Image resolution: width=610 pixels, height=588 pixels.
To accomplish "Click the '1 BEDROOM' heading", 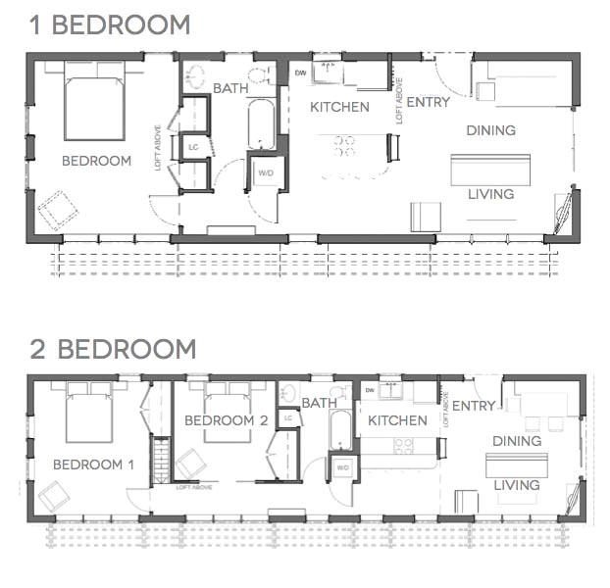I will (110, 24).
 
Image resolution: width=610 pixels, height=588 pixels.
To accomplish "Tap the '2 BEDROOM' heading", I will (112, 349).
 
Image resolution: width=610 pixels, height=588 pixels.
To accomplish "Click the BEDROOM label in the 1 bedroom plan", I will (96, 161).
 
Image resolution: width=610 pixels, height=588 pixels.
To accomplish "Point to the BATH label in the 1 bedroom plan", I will (230, 88).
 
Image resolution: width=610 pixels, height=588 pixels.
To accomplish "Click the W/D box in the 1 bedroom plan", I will (266, 173).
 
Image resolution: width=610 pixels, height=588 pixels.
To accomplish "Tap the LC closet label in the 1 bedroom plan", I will (192, 148).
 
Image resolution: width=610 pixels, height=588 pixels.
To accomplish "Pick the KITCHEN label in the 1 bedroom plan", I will (339, 107).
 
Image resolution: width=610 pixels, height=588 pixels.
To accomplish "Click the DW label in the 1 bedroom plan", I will (300, 72).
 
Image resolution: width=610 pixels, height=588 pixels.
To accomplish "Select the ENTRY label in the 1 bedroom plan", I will (428, 102).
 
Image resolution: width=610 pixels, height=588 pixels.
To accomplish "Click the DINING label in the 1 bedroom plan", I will (490, 130).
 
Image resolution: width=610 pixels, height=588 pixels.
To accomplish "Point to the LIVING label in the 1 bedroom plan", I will (490, 194).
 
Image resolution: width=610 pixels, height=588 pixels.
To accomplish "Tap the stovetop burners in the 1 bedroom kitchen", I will (344, 146).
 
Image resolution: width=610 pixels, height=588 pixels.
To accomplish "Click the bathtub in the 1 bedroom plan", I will (261, 123).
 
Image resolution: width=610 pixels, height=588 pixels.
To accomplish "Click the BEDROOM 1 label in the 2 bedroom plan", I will (93, 465).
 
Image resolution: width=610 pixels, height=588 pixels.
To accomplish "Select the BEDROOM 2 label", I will (226, 420).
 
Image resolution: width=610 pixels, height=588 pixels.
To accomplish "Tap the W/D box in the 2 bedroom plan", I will (342, 467).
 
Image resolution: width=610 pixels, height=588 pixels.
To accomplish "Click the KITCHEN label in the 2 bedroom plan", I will (397, 420).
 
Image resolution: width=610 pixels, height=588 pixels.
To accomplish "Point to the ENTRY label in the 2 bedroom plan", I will (475, 406).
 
